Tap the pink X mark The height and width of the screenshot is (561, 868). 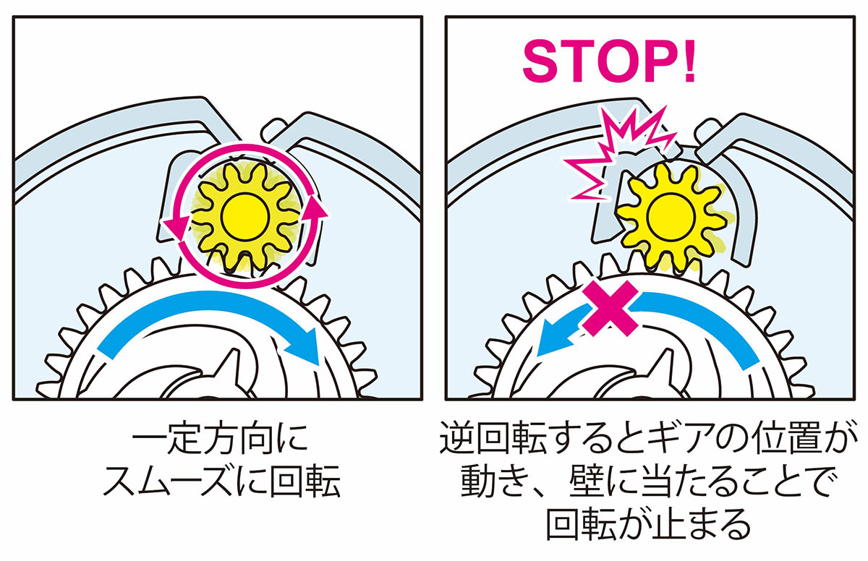[x=610, y=308]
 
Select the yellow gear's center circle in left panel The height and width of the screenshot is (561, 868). [x=245, y=216]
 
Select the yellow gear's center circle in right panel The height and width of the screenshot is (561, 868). [x=671, y=217]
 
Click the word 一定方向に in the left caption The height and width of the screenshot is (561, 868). [x=220, y=441]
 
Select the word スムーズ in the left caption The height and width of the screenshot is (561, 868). [x=170, y=481]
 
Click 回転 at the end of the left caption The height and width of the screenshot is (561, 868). [x=305, y=481]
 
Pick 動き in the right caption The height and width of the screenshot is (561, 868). [x=495, y=481]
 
